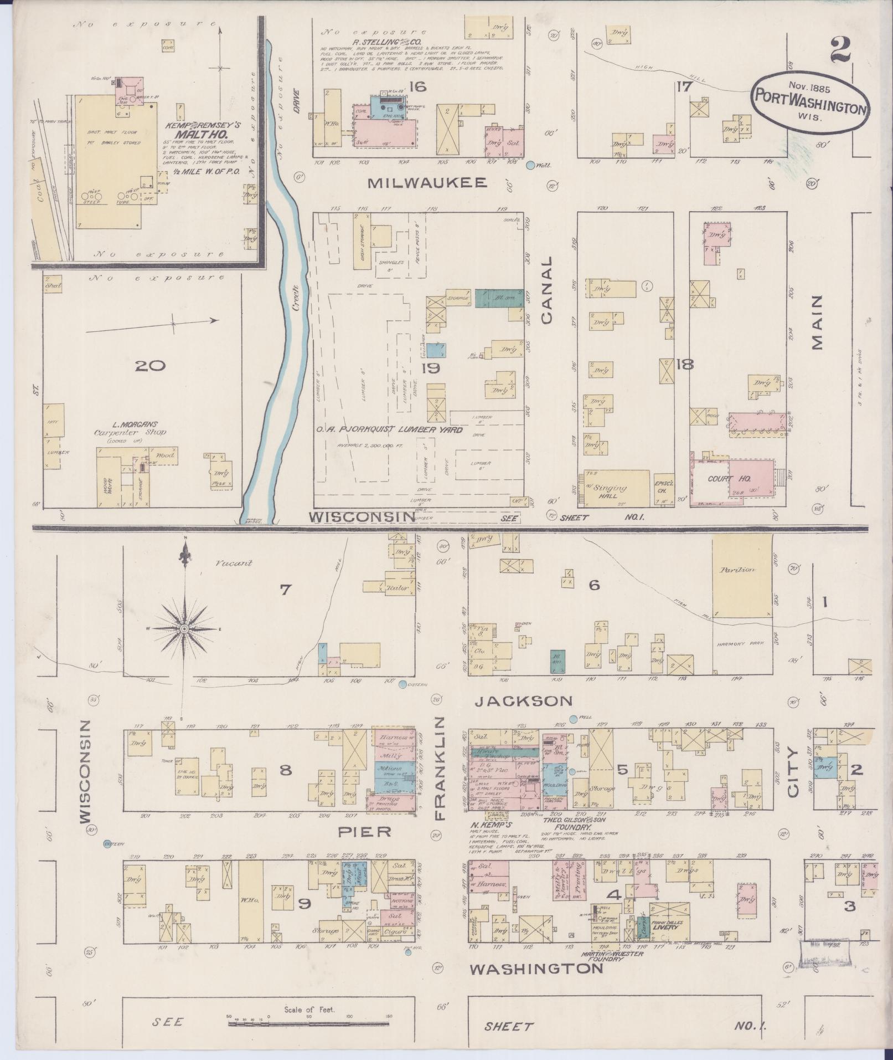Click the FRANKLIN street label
click(x=441, y=767)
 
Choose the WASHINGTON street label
click(x=536, y=969)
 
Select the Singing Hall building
click(x=616, y=488)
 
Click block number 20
click(x=150, y=366)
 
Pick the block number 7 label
click(x=285, y=591)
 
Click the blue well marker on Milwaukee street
click(x=531, y=165)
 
